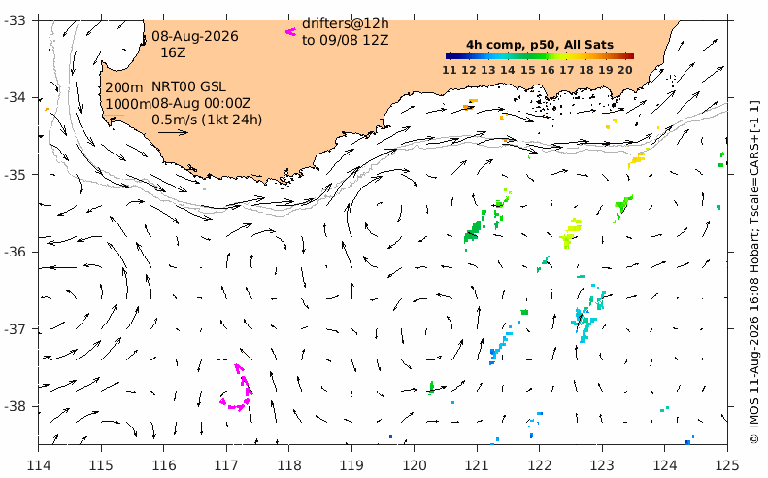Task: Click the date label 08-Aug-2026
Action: pos(195,36)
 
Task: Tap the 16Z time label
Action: pos(174,52)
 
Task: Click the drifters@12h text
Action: pos(346,23)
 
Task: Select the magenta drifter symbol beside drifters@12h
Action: pos(291,32)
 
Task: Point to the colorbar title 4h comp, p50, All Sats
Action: pos(540,45)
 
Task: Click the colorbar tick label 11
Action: pos(450,70)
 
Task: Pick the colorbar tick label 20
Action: pos(625,70)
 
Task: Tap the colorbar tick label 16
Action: pos(547,70)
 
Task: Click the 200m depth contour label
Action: pos(124,87)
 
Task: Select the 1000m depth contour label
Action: pos(128,104)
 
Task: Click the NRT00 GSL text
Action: pos(188,86)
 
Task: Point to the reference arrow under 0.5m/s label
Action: pos(173,132)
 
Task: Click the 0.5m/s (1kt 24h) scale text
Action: pos(207,119)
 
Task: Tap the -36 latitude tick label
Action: pos(17,252)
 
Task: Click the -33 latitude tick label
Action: pos(17,20)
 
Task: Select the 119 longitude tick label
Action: pos(351,464)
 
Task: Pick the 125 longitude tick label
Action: pos(727,464)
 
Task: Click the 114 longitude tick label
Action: pos(39,464)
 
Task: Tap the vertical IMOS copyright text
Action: pos(754,272)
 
